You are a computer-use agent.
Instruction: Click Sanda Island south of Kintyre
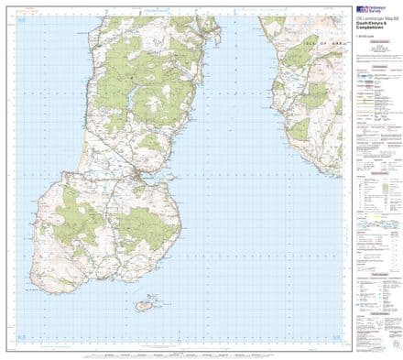coord(143,303)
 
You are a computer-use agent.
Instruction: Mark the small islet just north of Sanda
coord(153,296)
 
